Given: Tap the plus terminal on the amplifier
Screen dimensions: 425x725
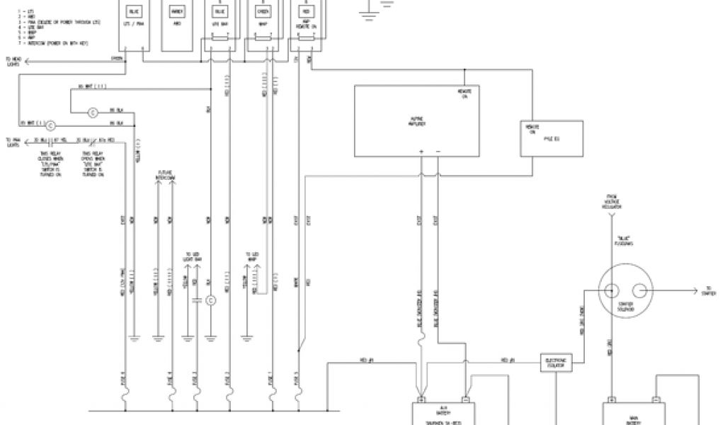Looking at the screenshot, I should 421,152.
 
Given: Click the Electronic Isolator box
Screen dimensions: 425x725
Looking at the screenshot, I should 556,363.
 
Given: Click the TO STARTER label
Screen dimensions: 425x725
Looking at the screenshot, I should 710,290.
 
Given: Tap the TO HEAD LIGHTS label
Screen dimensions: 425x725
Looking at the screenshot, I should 13,62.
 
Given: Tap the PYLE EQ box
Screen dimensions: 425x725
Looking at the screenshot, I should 551,137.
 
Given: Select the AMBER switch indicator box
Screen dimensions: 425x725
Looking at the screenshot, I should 177,12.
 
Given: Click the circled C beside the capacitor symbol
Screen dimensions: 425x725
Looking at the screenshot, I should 211,301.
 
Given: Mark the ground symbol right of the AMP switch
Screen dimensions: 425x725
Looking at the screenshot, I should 367,6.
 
